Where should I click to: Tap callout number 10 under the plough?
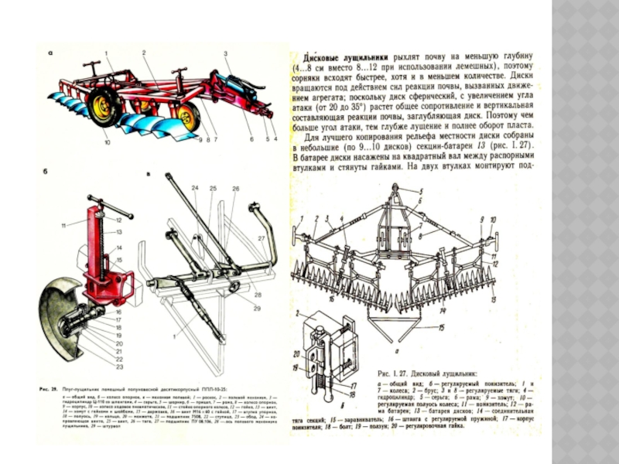[108, 142]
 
